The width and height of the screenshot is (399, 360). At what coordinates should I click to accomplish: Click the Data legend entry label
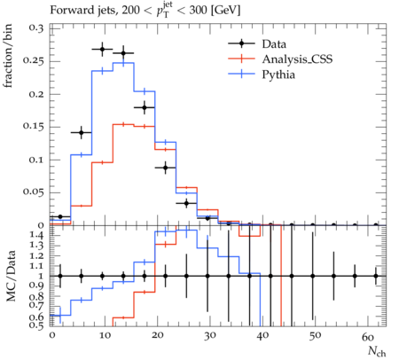(274, 44)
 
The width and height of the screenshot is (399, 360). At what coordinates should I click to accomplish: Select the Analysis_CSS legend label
(297, 59)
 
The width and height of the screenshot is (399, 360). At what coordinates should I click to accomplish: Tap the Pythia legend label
(278, 74)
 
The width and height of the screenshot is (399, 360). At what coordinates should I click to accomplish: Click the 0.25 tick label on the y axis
(33, 61)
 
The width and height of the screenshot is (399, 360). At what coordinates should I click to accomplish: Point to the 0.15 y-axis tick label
(33, 127)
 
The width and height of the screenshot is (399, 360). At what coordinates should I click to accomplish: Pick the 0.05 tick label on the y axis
(33, 192)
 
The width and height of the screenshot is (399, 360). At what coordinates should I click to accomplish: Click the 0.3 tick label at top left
(36, 28)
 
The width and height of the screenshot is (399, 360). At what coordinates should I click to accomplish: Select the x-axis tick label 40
(262, 336)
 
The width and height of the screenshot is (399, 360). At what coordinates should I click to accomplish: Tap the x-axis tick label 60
(367, 336)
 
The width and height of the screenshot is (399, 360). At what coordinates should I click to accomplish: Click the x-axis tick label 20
(157, 336)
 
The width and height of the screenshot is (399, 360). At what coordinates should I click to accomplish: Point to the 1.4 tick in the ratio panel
(37, 236)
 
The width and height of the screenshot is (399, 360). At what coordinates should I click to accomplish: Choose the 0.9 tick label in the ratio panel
(36, 286)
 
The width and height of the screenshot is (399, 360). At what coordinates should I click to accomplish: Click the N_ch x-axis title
(377, 351)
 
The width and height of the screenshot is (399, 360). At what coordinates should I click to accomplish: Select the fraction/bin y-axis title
(8, 56)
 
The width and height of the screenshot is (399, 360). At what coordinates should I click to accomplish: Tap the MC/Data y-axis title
(11, 276)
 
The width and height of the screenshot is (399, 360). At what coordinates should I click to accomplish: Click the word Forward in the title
(68, 11)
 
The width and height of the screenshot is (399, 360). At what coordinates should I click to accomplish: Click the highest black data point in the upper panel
(102, 50)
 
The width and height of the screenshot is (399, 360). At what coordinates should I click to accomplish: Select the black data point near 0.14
(82, 133)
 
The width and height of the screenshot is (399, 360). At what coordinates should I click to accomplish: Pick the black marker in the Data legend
(241, 43)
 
